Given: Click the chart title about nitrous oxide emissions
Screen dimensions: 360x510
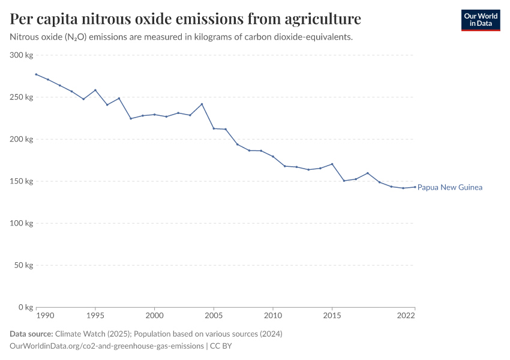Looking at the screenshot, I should click(185, 19).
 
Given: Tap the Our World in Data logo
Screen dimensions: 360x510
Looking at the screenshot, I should click(480, 20).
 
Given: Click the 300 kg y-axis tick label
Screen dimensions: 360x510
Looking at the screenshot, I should click(22, 55).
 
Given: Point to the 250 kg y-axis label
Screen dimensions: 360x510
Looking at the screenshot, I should click(22, 97).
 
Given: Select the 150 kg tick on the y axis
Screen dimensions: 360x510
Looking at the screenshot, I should click(22, 181).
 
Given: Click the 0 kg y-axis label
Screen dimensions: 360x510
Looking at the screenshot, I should click(25, 307).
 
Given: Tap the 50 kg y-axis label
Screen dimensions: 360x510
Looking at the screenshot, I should click(23, 265).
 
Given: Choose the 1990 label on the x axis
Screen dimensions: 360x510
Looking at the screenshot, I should click(44, 315).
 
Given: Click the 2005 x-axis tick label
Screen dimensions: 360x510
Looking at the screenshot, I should click(214, 315).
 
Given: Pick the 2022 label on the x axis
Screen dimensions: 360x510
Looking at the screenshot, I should click(406, 315).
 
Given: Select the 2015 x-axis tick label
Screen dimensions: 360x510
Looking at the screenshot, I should click(332, 315).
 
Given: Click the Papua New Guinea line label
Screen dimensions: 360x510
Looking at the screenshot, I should click(450, 187).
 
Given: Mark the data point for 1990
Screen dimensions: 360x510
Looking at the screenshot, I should click(36, 74).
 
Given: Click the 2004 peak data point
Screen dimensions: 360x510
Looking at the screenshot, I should click(202, 104).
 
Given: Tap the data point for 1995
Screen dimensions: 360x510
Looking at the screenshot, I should click(95, 90).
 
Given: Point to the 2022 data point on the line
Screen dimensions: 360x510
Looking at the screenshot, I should click(415, 187).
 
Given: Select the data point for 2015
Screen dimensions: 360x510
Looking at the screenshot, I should click(332, 164).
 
